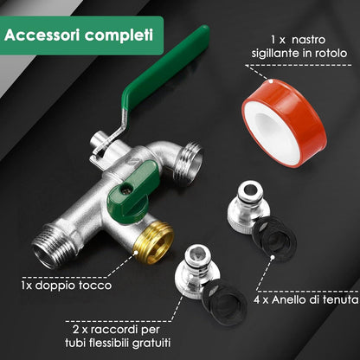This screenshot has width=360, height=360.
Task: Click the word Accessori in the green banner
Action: (42, 35)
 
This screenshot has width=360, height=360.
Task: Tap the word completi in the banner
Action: (119, 35)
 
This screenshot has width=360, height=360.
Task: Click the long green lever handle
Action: (165, 67)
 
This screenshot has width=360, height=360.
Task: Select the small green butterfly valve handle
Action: (133, 188)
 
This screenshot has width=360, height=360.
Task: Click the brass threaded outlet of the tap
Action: (153, 241)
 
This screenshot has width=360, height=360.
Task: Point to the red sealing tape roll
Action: (285, 123)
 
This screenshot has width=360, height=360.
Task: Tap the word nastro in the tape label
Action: (308, 40)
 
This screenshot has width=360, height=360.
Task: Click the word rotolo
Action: (331, 53)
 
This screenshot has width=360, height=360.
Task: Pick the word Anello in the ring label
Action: (288, 299)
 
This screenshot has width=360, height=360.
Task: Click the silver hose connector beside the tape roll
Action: (248, 206)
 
